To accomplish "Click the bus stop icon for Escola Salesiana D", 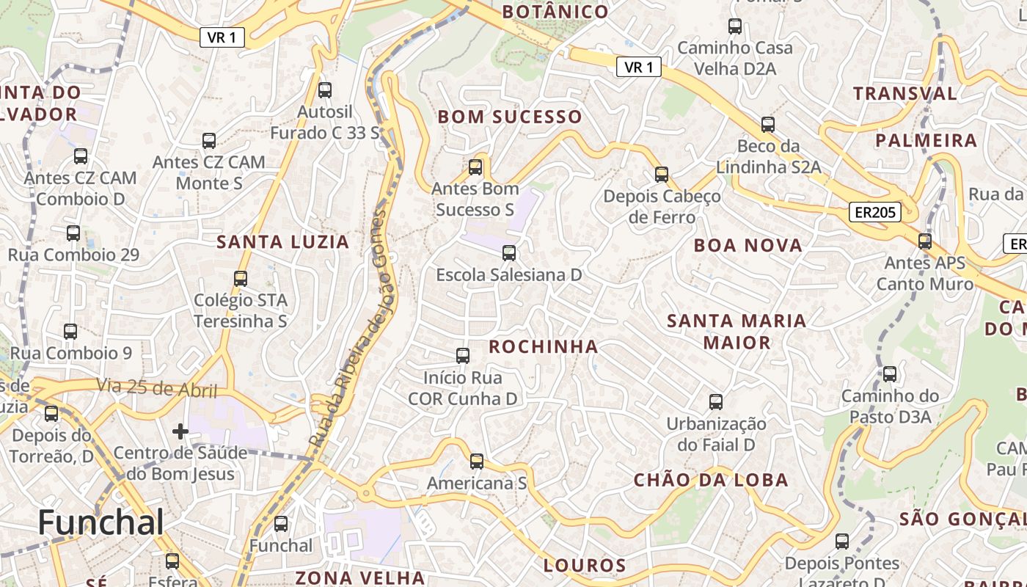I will tap(508, 254).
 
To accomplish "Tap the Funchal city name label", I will tap(100, 522).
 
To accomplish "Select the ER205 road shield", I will tap(875, 213).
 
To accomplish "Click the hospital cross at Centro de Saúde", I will tap(180, 431).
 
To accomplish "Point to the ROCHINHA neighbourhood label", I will tap(544, 347).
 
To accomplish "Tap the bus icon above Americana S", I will tap(477, 462).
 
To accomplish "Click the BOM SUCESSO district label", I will tap(510, 117).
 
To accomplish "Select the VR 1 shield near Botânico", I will tap(638, 68).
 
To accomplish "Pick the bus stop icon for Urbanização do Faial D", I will tap(716, 402).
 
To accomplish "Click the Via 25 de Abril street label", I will tap(157, 387).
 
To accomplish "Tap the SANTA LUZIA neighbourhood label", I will tap(282, 242).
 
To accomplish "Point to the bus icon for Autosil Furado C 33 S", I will tap(325, 90).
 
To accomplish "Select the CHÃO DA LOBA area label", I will tap(711, 481).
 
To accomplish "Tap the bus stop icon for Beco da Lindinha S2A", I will tap(768, 125).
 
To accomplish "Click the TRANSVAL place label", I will tap(904, 94).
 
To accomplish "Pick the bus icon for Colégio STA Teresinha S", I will tap(241, 279).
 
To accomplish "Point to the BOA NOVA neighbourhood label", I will tap(748, 246).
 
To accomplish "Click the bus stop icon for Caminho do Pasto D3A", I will tap(890, 374).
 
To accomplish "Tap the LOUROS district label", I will tap(585, 566).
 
